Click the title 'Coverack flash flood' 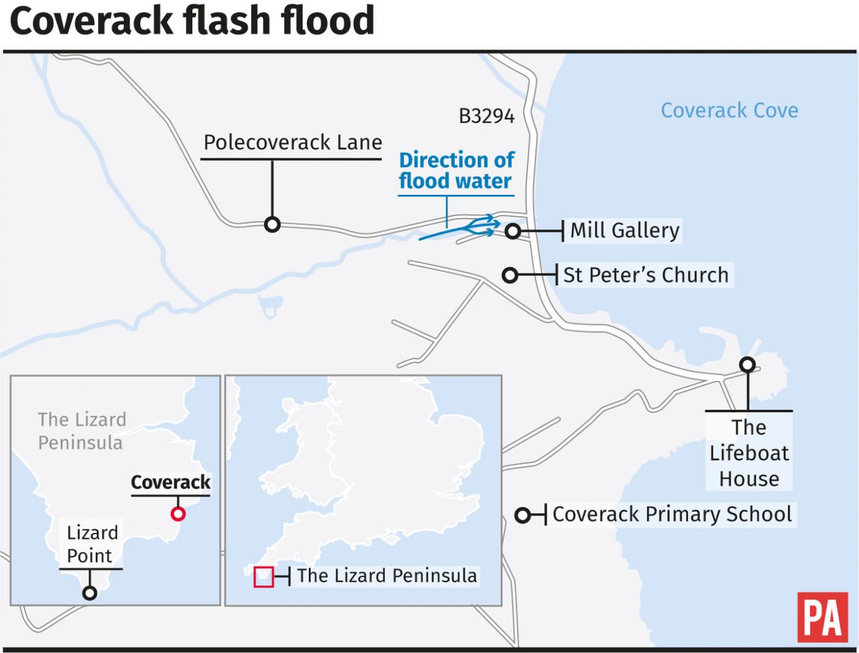coord(192,20)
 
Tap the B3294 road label coord(486,116)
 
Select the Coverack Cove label coord(729,111)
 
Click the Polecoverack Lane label coord(292,143)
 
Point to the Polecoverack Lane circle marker coord(272,224)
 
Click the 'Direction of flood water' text coord(457,170)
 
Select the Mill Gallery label coord(624,231)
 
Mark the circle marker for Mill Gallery coord(513,231)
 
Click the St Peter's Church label coord(646,275)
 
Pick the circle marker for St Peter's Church coord(510,275)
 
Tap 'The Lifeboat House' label coord(748,453)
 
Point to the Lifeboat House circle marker coord(747,365)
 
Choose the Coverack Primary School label coord(672,514)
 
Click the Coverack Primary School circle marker coord(523,516)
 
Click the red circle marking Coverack coord(178,514)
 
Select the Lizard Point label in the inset coord(91,544)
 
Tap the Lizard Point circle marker coord(90,593)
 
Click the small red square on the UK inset coord(263,577)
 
